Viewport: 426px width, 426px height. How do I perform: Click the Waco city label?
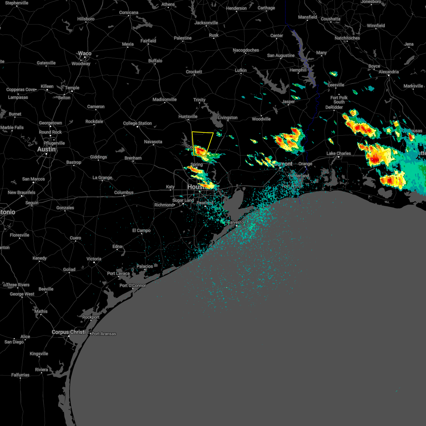click(84, 54)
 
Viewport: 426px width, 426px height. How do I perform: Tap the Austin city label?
click(47, 149)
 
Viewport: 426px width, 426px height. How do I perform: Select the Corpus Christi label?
click(69, 332)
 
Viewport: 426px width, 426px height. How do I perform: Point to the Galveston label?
click(236, 222)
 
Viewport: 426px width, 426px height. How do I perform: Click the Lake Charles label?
click(339, 153)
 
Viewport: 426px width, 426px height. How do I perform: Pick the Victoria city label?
click(94, 259)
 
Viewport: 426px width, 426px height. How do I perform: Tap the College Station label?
click(137, 123)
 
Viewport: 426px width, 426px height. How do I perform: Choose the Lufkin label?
click(241, 70)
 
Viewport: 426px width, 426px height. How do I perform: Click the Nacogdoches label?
click(246, 50)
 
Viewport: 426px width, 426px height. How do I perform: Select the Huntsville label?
click(188, 116)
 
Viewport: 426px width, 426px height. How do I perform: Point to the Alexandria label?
click(389, 72)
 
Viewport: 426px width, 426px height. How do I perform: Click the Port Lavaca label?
click(118, 273)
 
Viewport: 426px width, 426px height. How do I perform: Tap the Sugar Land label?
click(183, 200)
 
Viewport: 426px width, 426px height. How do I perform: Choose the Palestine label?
click(182, 38)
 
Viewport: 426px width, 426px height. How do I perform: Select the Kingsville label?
click(39, 354)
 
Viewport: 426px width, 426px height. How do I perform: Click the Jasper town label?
click(288, 102)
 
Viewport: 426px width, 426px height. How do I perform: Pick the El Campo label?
click(141, 230)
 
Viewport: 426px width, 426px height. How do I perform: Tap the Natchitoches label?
click(347, 38)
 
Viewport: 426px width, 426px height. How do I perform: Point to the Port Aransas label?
click(104, 334)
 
